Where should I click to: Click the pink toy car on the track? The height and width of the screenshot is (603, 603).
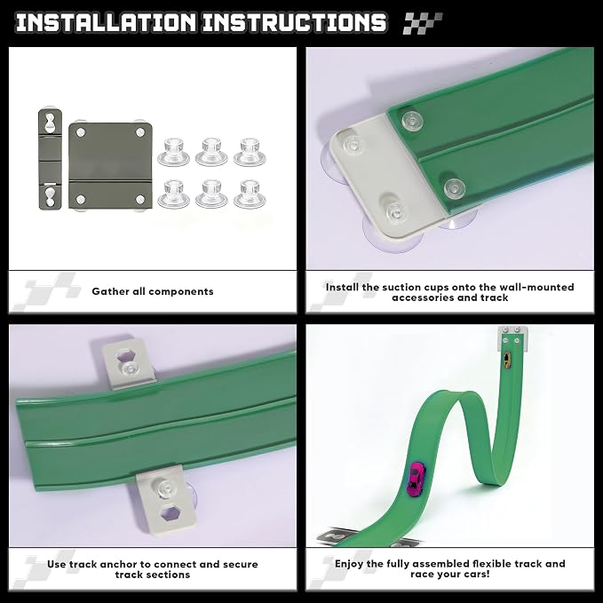(416, 477)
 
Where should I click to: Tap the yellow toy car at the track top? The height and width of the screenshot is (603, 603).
(508, 361)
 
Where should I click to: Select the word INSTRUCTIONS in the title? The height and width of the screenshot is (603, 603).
(294, 22)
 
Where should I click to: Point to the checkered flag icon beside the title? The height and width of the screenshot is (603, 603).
(422, 23)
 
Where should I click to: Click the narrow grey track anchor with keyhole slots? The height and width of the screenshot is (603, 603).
(50, 159)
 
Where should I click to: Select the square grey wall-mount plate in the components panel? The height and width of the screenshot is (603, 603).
(110, 165)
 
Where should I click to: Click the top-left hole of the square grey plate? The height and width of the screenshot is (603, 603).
(81, 132)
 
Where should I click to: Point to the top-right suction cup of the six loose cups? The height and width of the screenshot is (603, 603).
(250, 152)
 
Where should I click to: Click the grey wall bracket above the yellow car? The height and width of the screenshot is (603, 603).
(512, 338)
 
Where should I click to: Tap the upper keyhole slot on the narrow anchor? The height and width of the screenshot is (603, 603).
(50, 123)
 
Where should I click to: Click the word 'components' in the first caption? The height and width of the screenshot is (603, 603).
(180, 292)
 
